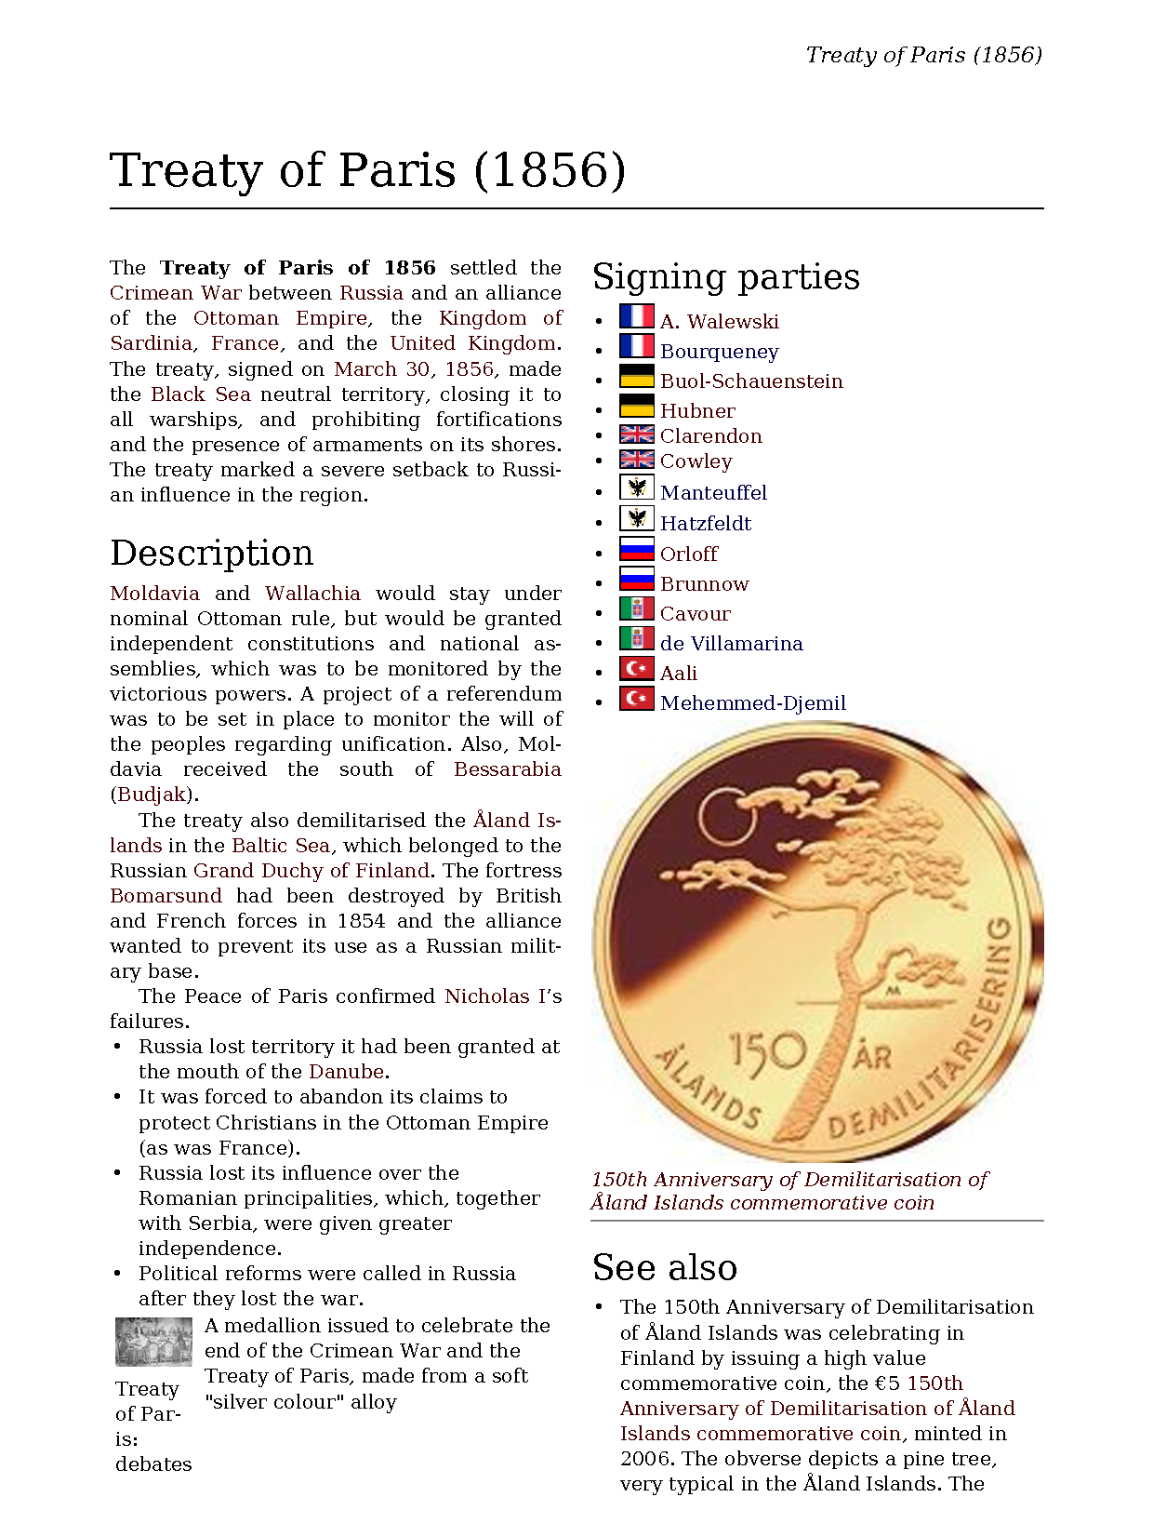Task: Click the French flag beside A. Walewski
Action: pos(637,317)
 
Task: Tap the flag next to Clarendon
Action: pos(637,434)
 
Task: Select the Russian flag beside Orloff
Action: pos(637,550)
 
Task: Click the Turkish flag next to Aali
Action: pos(637,669)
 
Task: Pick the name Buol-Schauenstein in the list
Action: pos(751,381)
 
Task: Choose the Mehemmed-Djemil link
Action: pos(753,703)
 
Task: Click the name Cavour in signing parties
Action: pos(696,614)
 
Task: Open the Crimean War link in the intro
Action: pos(175,293)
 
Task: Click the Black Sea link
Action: pos(201,394)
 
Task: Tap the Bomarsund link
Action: pos(166,896)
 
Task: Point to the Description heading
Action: pos(212,553)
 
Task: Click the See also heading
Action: pos(665,1267)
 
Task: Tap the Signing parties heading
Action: pos(726,277)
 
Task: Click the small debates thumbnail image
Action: pos(153,1342)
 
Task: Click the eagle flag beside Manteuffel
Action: pos(637,488)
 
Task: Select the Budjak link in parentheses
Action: pos(152,795)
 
